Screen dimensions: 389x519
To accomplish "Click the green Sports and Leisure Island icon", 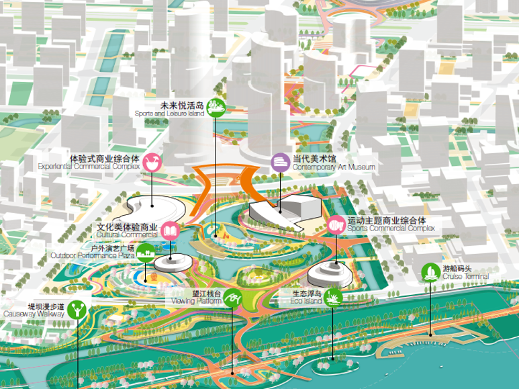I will (x=215, y=107).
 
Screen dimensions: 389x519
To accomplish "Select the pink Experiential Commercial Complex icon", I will (x=152, y=162).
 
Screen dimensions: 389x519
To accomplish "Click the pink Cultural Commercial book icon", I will (x=170, y=231).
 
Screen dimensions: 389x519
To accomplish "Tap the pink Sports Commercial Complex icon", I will (x=335, y=225).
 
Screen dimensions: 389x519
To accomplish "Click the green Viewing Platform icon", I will (x=232, y=298).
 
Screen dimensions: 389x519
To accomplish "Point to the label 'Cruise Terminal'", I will (x=465, y=277).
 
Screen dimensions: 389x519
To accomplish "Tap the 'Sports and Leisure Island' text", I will (x=169, y=114).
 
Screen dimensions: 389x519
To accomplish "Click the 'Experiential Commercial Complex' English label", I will (x=89, y=166).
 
